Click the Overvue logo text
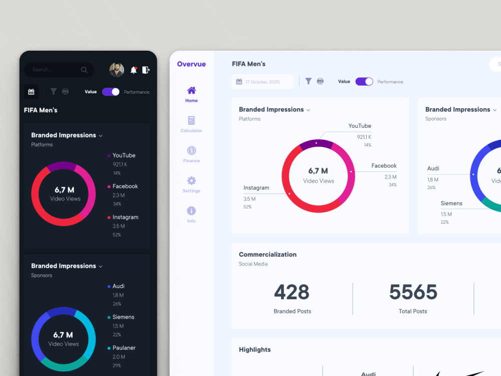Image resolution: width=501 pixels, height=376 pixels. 191,64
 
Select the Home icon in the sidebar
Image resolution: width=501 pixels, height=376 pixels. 191,91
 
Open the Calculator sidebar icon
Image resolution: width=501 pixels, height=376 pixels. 191,121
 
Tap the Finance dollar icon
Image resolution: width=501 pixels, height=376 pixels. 191,150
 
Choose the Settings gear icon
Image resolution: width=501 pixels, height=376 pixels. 191,180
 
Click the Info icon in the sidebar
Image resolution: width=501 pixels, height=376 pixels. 191,211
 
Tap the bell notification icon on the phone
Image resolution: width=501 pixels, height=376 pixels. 134,70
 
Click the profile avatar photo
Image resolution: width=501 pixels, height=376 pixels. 117,70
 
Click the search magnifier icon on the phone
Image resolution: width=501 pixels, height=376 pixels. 84,70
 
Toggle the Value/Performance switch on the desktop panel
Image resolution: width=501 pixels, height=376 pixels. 364,82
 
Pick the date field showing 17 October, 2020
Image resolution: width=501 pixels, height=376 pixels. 263,82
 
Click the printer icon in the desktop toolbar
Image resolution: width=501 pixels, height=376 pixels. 320,81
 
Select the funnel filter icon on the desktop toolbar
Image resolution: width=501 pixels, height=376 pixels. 309,81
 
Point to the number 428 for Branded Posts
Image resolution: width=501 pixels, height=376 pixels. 292,292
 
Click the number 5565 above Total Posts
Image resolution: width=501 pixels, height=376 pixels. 413,292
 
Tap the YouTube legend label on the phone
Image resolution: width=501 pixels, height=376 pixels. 124,155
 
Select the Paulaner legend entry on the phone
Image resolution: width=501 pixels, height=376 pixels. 124,348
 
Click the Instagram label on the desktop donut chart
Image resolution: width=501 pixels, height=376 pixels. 256,188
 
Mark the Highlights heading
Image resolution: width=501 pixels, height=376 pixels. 255,349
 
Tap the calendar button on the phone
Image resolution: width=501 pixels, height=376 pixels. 31,92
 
